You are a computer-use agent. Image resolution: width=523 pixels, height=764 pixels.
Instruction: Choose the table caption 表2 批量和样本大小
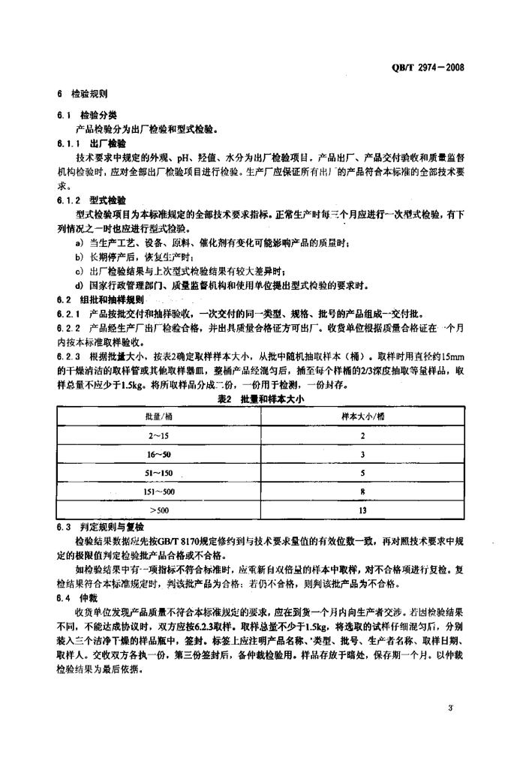click(258, 401)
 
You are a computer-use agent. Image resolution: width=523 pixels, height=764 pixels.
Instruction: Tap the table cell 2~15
click(158, 435)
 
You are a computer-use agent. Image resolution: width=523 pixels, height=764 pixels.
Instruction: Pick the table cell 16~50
click(158, 454)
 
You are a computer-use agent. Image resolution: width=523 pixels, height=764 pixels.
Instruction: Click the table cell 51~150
click(158, 473)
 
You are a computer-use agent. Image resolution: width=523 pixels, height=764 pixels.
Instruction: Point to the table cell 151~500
click(158, 492)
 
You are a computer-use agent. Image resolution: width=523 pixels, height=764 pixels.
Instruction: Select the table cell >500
click(158, 510)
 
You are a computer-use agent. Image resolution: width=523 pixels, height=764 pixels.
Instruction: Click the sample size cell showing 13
click(362, 510)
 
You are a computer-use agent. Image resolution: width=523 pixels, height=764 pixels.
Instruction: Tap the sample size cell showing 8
click(362, 492)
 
